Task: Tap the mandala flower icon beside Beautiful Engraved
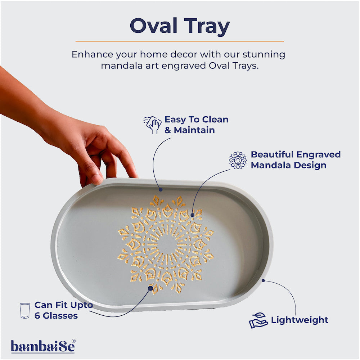[238, 160]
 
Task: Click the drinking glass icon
[25, 311]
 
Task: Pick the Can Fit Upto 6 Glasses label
[63, 310]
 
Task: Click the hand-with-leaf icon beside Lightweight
[258, 320]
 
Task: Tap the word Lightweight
[300, 320]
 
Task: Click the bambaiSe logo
[42, 346]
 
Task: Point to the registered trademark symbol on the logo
[73, 341]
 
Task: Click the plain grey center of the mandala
[167, 244]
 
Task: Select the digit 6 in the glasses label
[37, 316]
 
